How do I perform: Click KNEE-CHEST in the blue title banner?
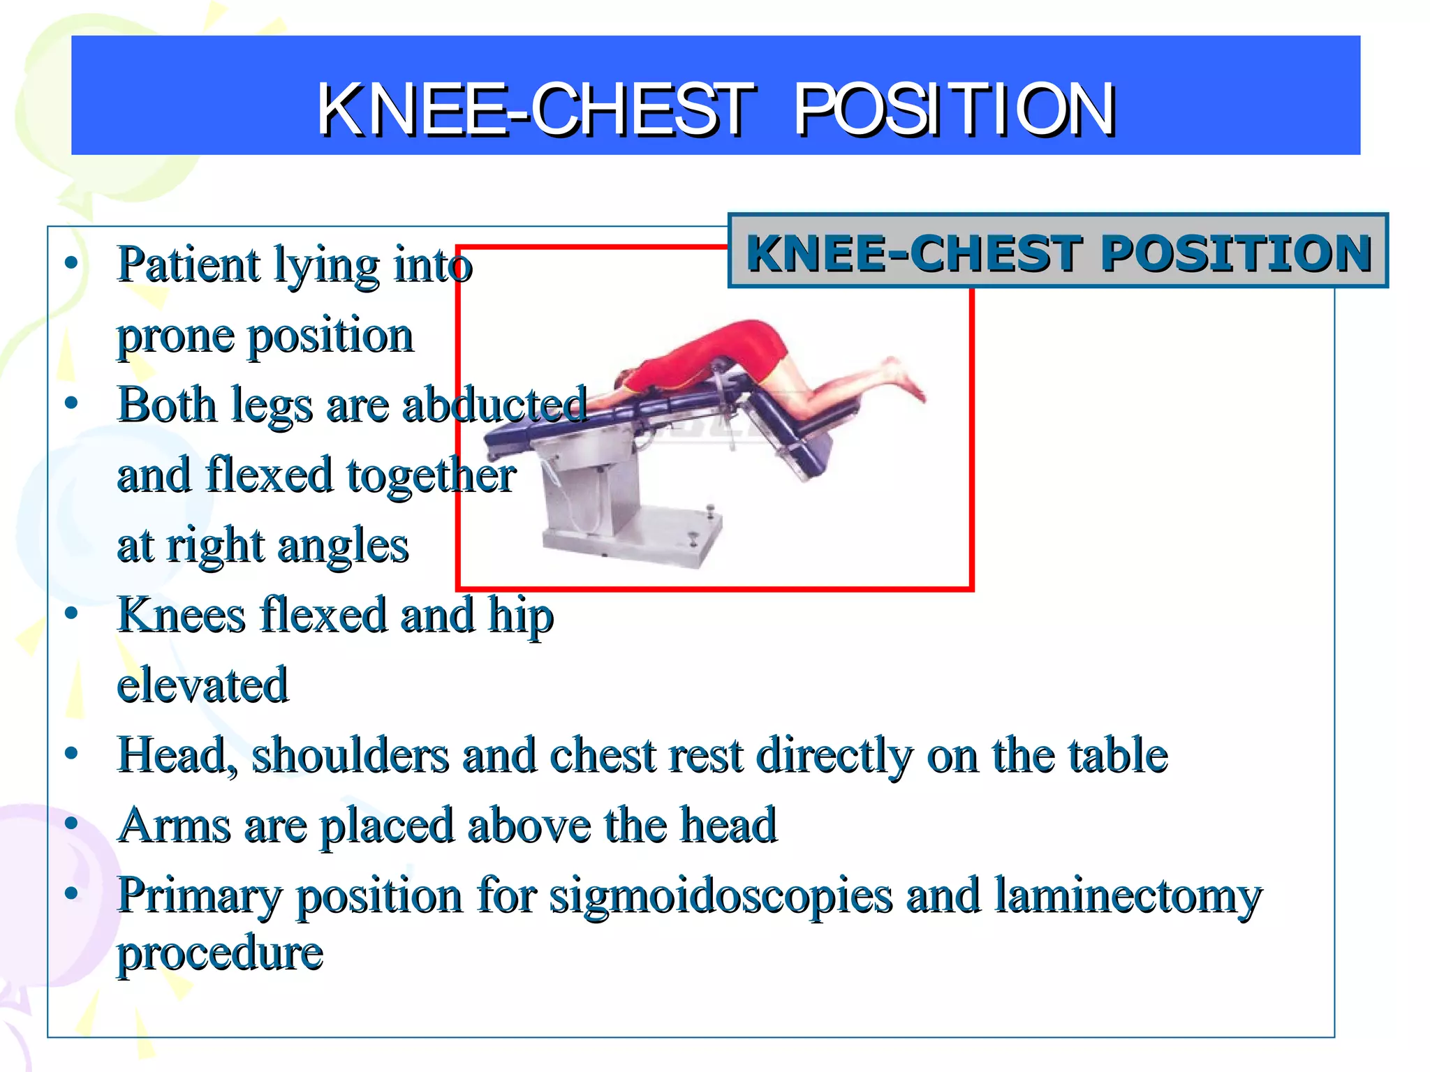coord(536,110)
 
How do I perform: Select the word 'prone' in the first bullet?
coord(175,337)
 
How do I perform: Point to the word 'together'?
coord(432,475)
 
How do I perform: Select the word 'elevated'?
coord(202,685)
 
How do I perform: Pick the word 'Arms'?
coord(174,826)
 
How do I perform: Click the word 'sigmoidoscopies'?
coord(721,898)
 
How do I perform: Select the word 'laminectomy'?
coord(1128,898)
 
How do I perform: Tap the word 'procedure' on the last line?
coord(220,953)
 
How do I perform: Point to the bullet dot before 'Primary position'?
coord(71,894)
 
